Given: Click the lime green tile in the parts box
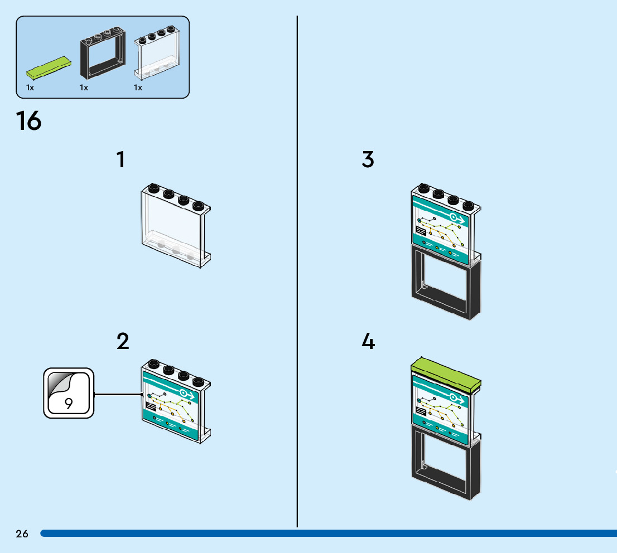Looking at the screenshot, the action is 49,67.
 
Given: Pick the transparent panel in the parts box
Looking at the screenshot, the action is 157,53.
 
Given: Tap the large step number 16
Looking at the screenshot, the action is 28,120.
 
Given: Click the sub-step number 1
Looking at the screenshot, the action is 121,159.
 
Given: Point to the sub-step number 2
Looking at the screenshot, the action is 123,341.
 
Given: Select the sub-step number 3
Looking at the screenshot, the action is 368,159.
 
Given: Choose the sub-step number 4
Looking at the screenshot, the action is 368,341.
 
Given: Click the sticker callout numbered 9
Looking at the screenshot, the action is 69,393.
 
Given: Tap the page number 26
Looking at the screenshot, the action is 22,533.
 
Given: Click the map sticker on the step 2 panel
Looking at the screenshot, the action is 170,406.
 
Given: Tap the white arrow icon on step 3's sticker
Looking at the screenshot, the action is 457,219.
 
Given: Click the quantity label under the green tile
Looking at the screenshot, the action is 30,88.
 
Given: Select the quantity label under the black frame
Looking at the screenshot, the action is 84,88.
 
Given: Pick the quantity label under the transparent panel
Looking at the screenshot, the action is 138,88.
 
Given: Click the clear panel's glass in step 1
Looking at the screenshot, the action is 173,222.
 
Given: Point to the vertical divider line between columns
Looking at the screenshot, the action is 297,271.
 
